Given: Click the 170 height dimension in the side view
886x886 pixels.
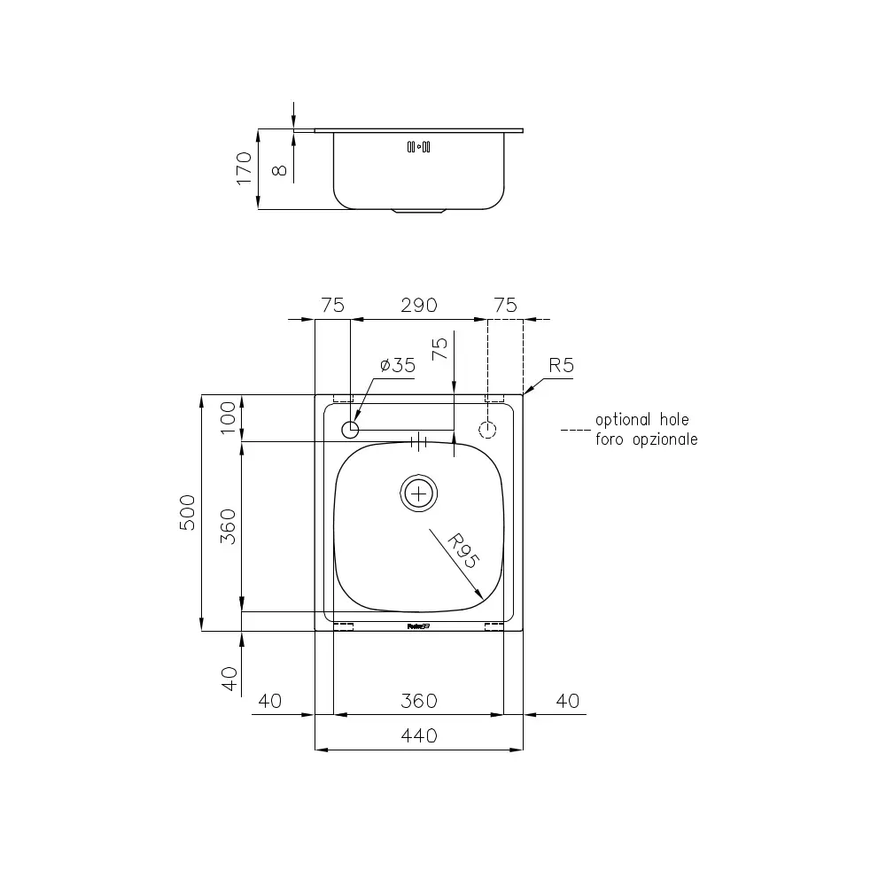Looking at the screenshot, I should (245, 168).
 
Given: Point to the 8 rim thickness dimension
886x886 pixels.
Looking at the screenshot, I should (281, 168).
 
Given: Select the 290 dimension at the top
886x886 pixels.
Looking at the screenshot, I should (419, 306).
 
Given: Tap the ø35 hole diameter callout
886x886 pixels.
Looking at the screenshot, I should (397, 366).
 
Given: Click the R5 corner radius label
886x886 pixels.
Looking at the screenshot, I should (562, 365).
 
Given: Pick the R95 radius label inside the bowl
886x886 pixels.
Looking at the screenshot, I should (462, 550).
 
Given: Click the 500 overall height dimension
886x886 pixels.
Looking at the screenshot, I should (188, 512).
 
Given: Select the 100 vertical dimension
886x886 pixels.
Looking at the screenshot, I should (228, 418).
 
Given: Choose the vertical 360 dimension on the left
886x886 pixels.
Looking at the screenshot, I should (228, 526).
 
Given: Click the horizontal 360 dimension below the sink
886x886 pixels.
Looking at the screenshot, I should (419, 701).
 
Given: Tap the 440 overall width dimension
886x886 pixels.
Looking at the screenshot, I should (419, 736).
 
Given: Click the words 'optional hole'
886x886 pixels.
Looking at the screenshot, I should (641, 420).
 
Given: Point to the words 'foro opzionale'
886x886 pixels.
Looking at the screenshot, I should (646, 439).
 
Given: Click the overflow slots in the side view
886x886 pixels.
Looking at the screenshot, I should (418, 147).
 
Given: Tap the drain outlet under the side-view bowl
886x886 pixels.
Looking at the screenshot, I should (419, 213).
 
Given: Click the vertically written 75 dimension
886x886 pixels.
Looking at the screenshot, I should (439, 348).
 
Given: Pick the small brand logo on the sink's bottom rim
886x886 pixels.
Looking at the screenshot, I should (418, 627).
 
